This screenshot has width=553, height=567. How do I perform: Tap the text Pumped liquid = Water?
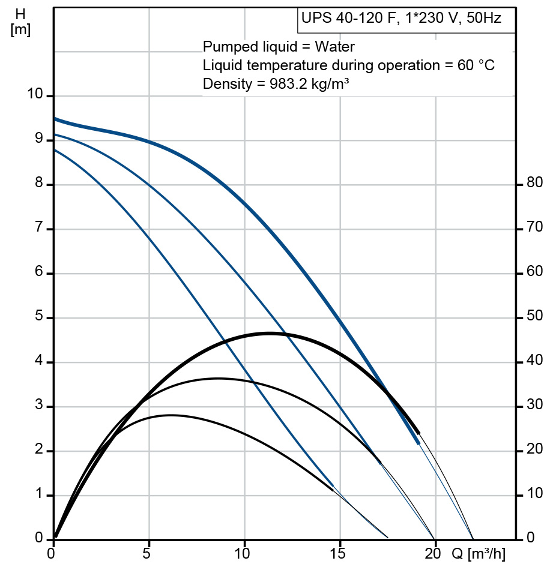click(279, 47)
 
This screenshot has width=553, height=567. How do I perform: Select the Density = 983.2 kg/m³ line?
click(276, 84)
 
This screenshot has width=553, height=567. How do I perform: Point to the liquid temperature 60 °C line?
click(349, 65)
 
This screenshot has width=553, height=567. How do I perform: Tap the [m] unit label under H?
click(20, 29)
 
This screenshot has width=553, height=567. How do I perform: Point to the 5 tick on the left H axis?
click(40, 317)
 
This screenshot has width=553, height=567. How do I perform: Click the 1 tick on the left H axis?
click(40, 495)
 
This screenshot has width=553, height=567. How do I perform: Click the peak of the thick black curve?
click(269, 333)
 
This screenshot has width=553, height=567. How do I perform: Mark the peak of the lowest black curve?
click(171, 415)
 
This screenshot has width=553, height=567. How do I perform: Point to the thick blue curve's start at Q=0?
click(55, 119)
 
